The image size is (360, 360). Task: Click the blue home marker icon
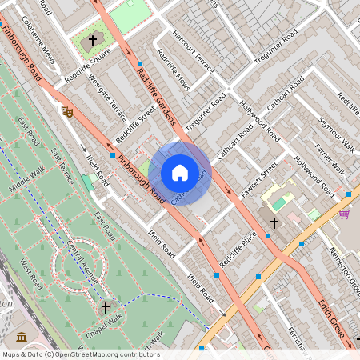[x=180, y=173]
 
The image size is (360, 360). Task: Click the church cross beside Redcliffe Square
[x=92, y=39]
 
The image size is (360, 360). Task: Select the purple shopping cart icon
[x=344, y=214]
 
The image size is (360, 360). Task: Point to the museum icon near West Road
[x=22, y=336]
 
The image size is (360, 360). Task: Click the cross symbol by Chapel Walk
[x=105, y=307]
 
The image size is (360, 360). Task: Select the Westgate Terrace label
[x=107, y=94]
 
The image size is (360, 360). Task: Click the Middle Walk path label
[x=29, y=178]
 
